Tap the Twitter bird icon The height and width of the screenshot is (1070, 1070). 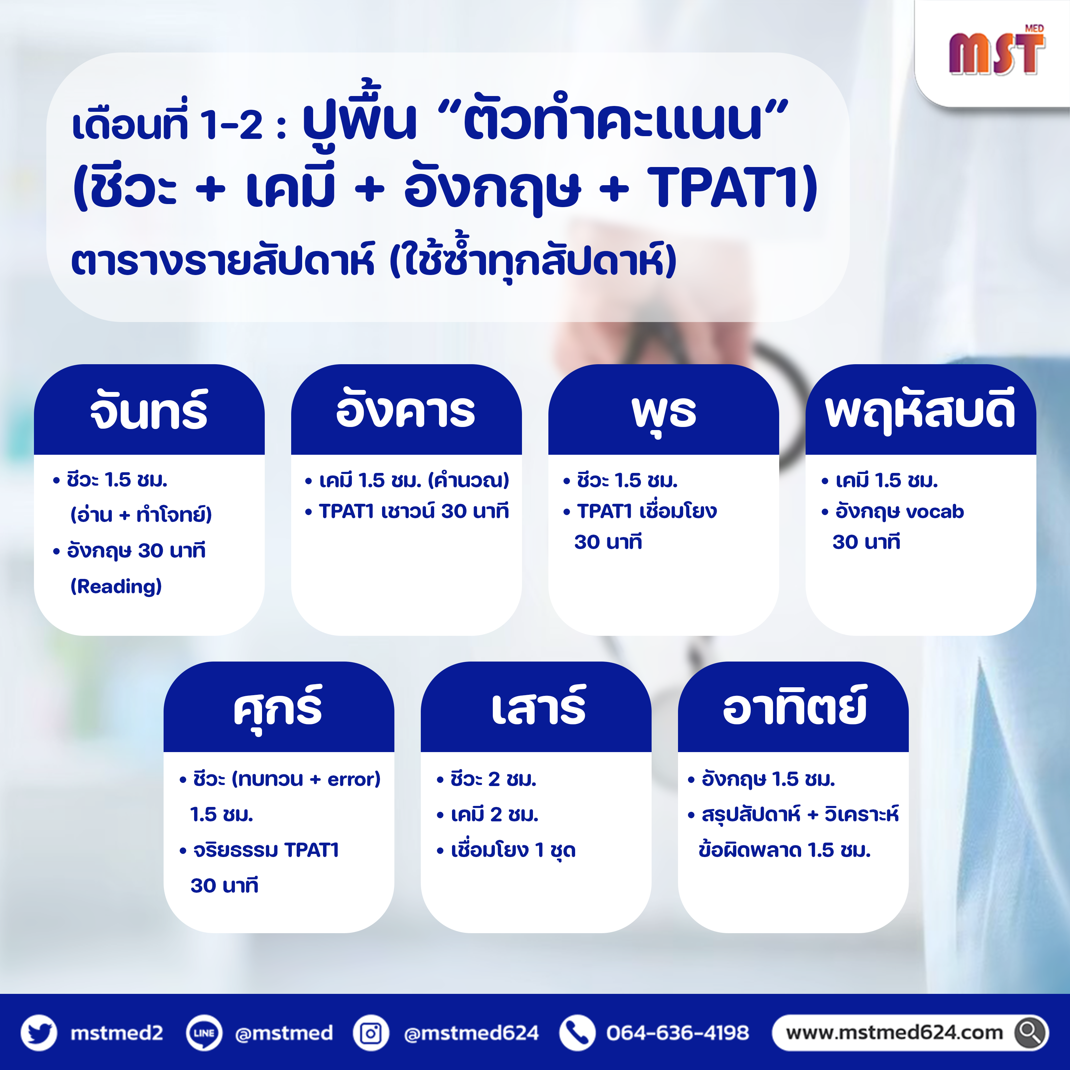coord(39,1033)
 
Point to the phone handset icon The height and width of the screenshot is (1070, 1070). coord(577,1033)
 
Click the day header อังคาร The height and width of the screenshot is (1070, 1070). coord(406,411)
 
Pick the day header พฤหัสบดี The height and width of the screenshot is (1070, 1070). coord(920,411)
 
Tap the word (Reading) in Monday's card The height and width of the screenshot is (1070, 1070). coord(116,586)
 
